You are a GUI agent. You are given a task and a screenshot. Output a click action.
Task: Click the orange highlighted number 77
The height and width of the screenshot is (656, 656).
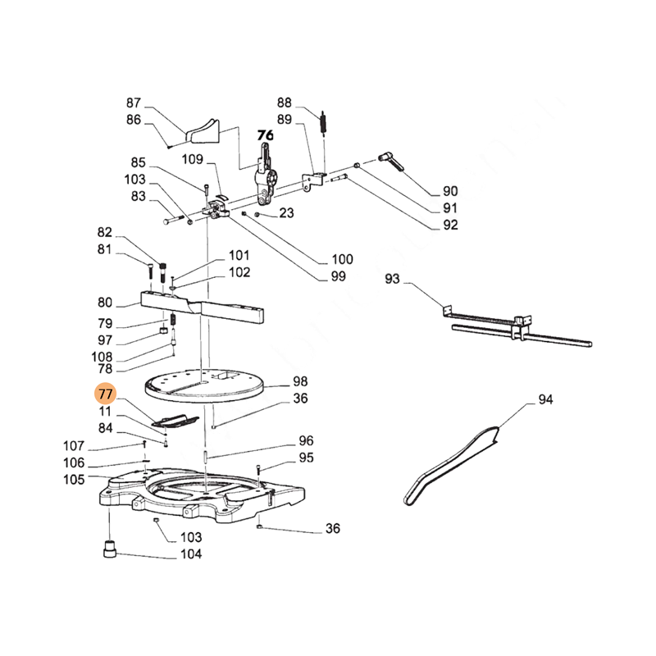[105, 394]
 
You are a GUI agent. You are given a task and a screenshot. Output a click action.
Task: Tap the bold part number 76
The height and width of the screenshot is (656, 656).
[265, 135]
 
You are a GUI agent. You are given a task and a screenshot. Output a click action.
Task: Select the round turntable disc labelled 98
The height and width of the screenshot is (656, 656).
[205, 386]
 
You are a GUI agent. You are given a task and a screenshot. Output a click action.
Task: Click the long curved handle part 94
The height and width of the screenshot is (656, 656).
[451, 465]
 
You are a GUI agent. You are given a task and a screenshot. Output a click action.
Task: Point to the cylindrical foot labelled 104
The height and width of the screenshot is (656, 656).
[110, 549]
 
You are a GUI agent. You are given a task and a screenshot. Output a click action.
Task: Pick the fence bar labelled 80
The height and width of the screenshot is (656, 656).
[203, 307]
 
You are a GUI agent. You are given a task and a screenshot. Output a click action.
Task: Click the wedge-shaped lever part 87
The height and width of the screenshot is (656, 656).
[203, 130]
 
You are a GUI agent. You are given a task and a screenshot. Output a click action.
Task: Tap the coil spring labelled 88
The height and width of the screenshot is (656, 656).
[323, 122]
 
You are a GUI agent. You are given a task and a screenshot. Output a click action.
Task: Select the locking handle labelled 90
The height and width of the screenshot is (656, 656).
[391, 162]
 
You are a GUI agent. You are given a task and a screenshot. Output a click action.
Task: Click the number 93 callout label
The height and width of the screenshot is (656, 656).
[393, 279]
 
